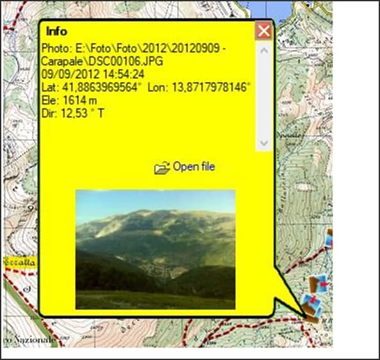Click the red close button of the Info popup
tap(263, 31)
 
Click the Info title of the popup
tap(57, 31)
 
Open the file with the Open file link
tap(194, 167)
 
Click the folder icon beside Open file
tap(162, 168)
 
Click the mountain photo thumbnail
tap(155, 249)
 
